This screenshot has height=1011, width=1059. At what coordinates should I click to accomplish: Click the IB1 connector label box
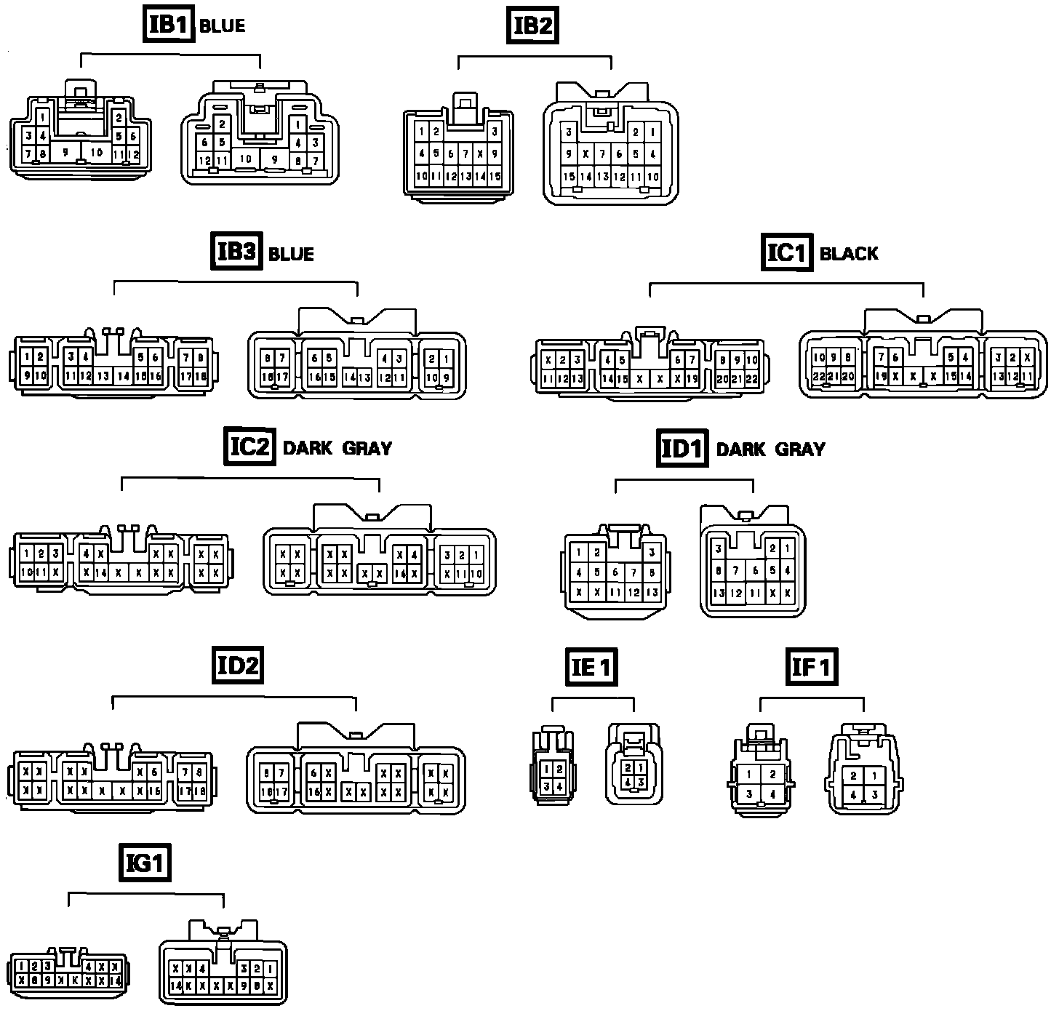[x=168, y=25]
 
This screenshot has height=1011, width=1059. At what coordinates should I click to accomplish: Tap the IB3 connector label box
[x=236, y=252]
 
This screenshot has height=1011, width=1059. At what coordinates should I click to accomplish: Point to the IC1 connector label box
[x=788, y=252]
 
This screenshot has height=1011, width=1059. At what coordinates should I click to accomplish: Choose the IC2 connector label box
[x=249, y=446]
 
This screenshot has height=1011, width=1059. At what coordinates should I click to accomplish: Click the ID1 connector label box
[x=682, y=448]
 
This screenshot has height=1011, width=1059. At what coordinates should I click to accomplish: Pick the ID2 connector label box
[x=238, y=666]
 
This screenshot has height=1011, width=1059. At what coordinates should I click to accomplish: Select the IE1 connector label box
[x=591, y=667]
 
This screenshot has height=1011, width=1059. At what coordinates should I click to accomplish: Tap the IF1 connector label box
[x=811, y=667]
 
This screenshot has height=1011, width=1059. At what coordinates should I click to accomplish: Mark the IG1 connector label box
[x=145, y=863]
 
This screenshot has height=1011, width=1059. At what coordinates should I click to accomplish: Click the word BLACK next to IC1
[x=849, y=254]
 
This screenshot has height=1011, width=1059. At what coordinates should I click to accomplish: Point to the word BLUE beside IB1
[x=222, y=26]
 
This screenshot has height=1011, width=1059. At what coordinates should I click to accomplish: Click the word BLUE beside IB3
[x=291, y=255]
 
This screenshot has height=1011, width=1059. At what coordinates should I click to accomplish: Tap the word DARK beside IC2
[x=307, y=448]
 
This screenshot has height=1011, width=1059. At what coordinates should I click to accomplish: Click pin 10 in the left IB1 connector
[x=97, y=153]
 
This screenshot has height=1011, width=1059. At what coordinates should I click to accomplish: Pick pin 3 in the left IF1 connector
[x=749, y=794]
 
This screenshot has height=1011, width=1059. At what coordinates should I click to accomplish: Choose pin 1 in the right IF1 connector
[x=874, y=776]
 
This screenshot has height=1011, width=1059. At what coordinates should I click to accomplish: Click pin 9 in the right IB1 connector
[x=274, y=159]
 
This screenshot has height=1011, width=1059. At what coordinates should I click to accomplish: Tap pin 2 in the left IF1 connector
[x=772, y=775]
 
